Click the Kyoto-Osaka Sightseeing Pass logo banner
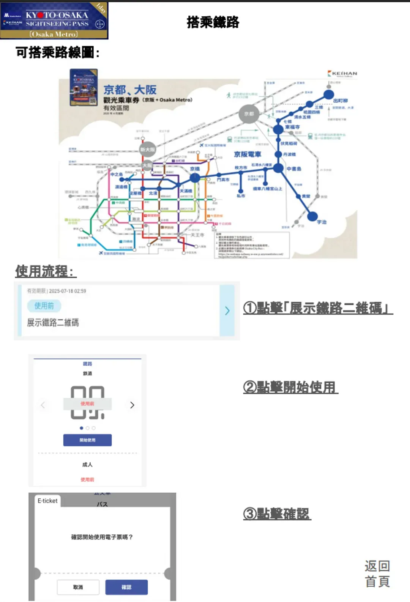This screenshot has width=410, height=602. [54, 20]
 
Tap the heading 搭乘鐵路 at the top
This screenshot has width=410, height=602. [213, 22]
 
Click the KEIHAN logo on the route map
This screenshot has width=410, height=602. [342, 73]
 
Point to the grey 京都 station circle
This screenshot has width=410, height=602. [249, 114]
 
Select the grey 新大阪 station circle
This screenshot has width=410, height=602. [148, 150]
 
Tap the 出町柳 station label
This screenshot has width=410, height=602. [340, 101]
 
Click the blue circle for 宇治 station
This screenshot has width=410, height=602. [312, 216]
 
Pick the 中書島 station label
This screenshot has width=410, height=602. [294, 169]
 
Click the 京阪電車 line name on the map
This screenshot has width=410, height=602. [248, 154]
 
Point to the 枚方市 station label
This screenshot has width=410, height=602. [241, 167]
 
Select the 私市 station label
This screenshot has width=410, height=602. [241, 196]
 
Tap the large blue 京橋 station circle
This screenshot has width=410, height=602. [195, 177]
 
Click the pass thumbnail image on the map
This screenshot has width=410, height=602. [84, 87]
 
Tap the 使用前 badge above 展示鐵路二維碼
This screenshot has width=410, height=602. [44, 306]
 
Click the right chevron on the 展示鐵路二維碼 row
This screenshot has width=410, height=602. [227, 311]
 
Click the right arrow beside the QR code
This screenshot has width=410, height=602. [132, 405]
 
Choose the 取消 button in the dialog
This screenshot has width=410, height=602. [78, 587]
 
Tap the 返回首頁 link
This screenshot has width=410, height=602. [377, 574]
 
